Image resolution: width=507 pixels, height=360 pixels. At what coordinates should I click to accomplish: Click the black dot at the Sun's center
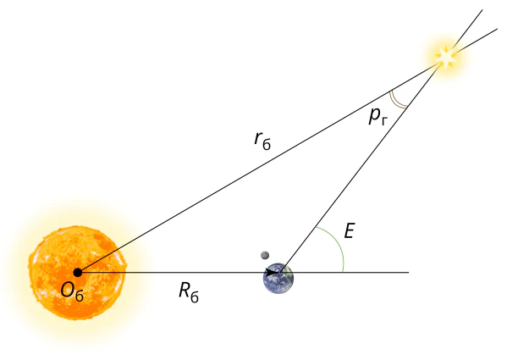pos(78,273)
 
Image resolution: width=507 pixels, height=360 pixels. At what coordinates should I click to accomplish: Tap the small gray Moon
pos(265,255)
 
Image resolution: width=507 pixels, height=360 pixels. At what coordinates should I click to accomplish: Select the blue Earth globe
pos(278,278)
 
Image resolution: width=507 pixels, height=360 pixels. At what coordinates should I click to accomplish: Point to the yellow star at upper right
pos(446,57)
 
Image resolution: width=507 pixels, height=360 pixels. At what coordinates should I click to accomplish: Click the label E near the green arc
pos(350,231)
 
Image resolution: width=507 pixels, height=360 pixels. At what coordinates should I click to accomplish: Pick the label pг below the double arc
pos(378,116)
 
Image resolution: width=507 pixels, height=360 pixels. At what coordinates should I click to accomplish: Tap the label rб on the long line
pos(262,141)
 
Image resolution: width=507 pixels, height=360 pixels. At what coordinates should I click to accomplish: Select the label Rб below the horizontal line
pos(189,292)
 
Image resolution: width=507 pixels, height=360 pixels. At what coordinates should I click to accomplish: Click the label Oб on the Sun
pos(72,291)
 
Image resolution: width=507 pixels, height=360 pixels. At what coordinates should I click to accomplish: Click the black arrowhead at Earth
pos(273,273)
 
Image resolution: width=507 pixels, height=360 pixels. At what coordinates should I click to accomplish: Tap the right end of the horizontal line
pos(409,273)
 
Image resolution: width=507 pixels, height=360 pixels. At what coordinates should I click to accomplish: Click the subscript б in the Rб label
pos(195,297)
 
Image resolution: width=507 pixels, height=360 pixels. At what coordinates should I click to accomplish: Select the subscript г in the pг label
pos(383,121)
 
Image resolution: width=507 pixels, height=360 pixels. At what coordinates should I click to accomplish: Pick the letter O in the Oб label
pos(67,290)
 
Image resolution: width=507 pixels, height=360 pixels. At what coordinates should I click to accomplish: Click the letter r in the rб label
pos(257,139)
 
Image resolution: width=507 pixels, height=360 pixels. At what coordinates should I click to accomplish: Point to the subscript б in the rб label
pos(267,145)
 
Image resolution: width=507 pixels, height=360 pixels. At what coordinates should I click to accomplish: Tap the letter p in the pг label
pos(374,115)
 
